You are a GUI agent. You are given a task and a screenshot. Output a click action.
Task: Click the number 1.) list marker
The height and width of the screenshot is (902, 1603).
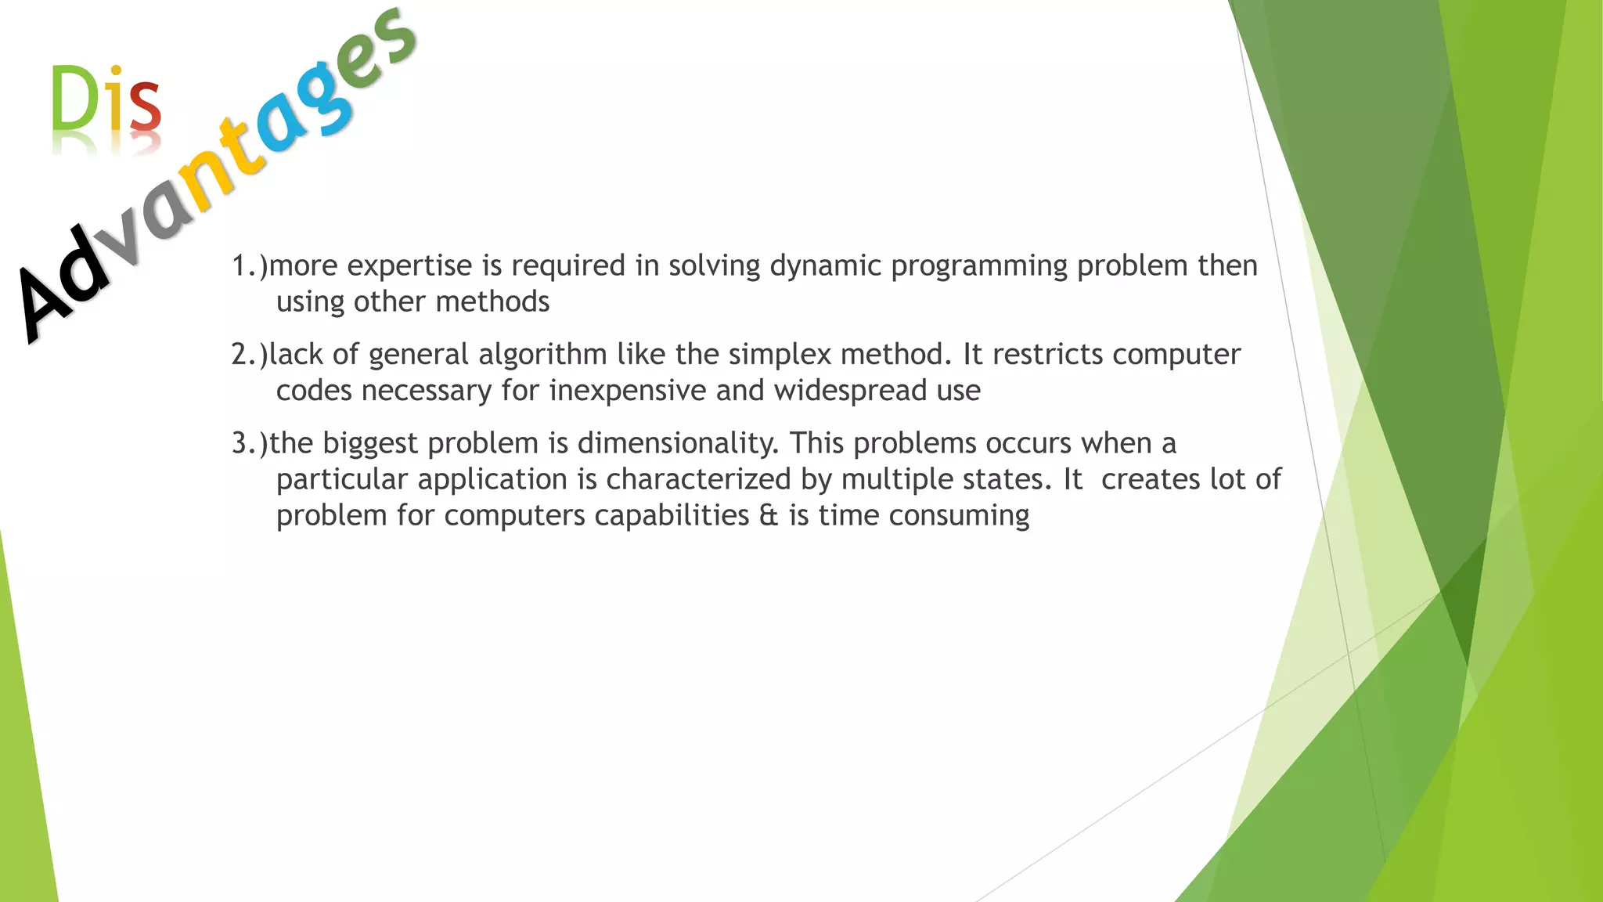(x=250, y=266)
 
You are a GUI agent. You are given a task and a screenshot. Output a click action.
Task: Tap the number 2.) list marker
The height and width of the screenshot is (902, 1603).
(x=250, y=355)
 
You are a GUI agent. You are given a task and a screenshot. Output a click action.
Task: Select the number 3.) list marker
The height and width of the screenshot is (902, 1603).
(x=250, y=444)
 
